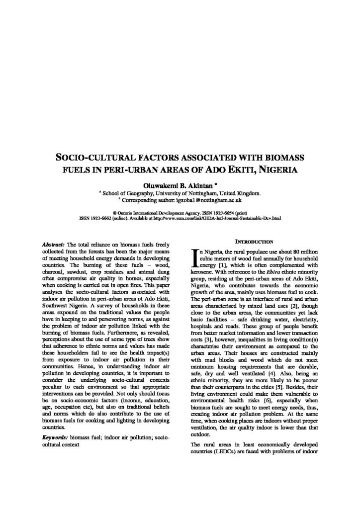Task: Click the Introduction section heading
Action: coord(254,241)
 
